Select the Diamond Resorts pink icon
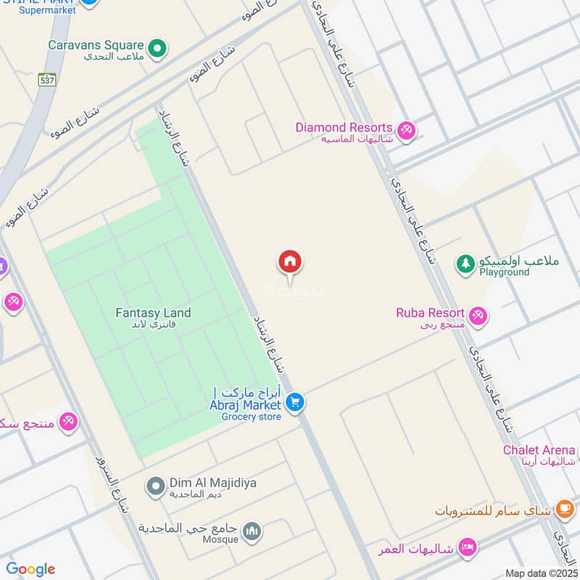coord(406,130)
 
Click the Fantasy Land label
coord(153,313)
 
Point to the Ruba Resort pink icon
coord(477,315)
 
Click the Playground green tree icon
coord(465,264)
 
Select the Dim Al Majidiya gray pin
coord(155,486)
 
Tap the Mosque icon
coord(252,532)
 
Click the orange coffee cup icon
coord(564,510)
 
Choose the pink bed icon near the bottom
coord(468,547)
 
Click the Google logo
coord(30,569)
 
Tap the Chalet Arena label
coord(539,450)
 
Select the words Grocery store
coord(251,417)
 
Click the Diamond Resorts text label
coord(344,128)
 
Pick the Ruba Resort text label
coord(430,313)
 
